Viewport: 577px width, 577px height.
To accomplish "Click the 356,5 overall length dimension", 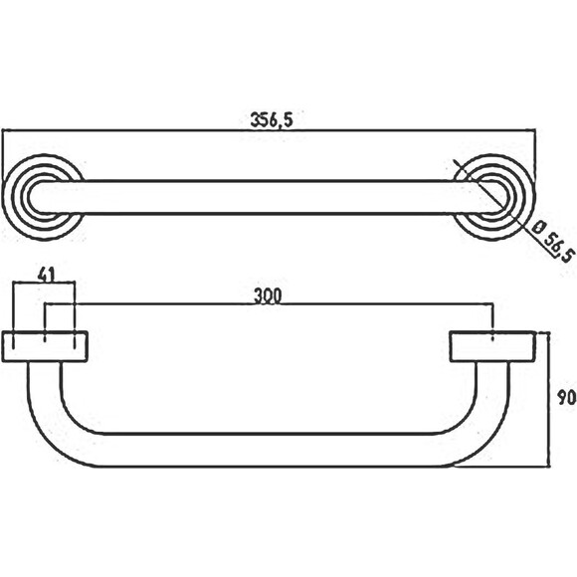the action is pos(272,120).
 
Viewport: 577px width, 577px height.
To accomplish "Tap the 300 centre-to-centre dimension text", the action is pos(268,296).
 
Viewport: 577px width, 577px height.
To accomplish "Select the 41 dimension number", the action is pos(47,275).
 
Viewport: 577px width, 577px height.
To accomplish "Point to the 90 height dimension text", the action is pos(567,398).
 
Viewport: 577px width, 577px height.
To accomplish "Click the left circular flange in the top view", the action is pos(44,198).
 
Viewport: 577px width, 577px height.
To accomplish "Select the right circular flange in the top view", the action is pos(493,198).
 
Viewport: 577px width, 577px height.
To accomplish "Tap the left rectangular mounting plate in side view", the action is pos(45,346).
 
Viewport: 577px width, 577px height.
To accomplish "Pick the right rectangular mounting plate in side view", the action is pos(492,346).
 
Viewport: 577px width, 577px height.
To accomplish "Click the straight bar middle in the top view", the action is pos(269,197).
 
